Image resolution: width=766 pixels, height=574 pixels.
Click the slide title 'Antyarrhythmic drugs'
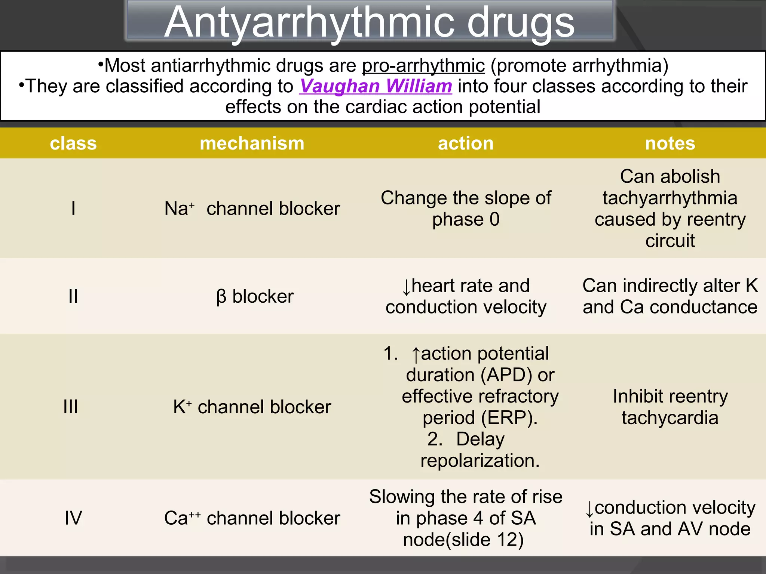pyautogui.click(x=370, y=22)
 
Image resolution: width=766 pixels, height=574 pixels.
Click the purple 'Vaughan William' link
pyautogui.click(x=376, y=86)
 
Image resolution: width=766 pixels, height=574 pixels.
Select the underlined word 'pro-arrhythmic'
pyautogui.click(x=423, y=66)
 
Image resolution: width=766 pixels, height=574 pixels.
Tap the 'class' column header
pyautogui.click(x=73, y=143)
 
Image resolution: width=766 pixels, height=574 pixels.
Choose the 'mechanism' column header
pyautogui.click(x=252, y=143)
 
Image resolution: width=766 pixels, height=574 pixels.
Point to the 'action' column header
pyautogui.click(x=466, y=143)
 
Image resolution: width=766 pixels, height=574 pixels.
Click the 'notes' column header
pyautogui.click(x=670, y=143)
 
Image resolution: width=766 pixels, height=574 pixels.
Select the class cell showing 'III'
pyautogui.click(x=71, y=407)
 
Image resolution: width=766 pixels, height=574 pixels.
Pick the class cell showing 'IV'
pyautogui.click(x=73, y=518)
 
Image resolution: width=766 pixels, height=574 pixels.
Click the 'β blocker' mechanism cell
pyautogui.click(x=255, y=296)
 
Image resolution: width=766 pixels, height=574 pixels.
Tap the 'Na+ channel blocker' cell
pyautogui.click(x=252, y=209)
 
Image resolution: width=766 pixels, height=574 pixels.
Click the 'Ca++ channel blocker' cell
pyautogui.click(x=252, y=518)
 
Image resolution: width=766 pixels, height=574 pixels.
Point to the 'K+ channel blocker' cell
pyautogui.click(x=252, y=407)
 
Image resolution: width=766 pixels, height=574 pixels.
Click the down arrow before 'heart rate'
pyautogui.click(x=406, y=287)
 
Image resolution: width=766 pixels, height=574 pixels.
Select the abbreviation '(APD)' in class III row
pyautogui.click(x=506, y=375)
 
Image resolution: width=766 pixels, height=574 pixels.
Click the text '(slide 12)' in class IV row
pyautogui.click(x=484, y=540)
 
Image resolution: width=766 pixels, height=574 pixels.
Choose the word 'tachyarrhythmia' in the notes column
pyautogui.click(x=670, y=198)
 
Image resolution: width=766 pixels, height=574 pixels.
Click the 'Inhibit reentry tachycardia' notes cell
pyautogui.click(x=670, y=407)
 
